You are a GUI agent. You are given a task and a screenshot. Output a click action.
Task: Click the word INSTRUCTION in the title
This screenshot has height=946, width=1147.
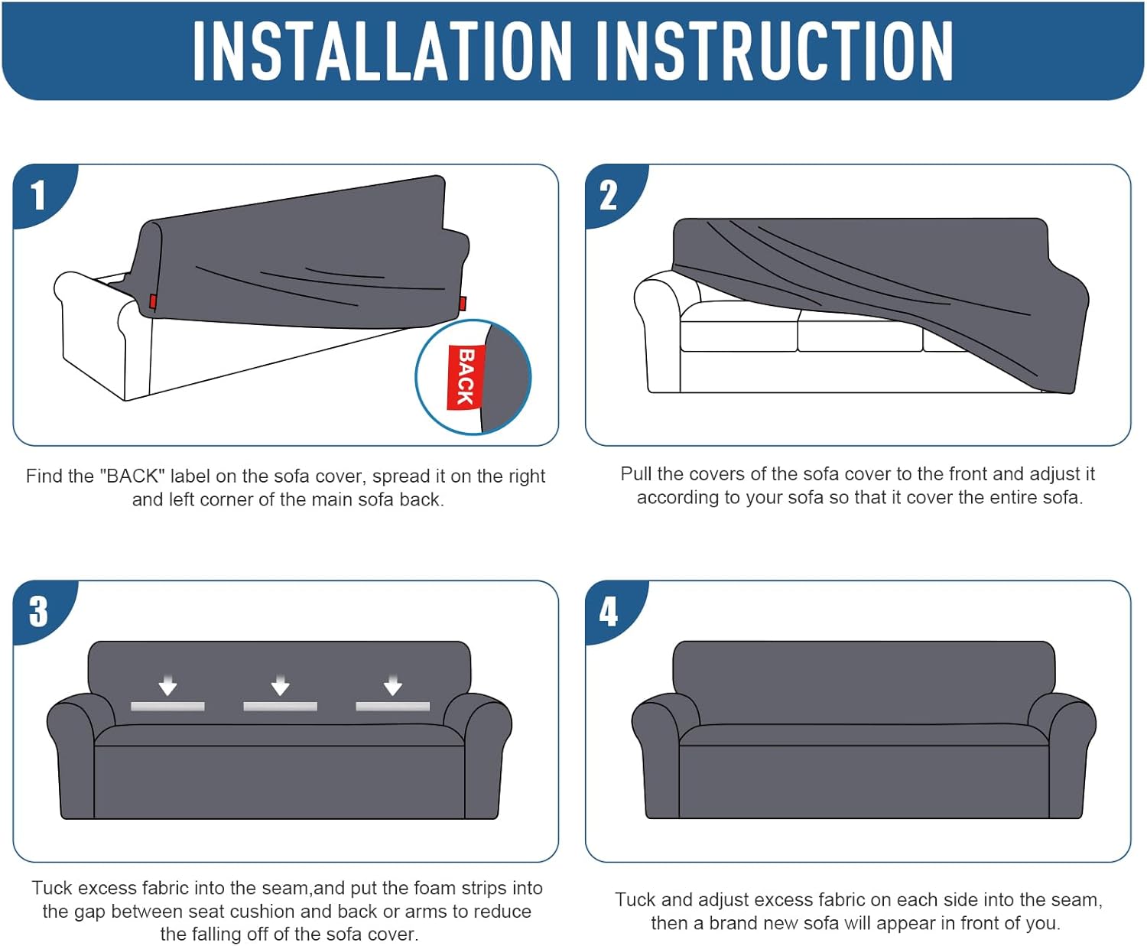coord(775,52)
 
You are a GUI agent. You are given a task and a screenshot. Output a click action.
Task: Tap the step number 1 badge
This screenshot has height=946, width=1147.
coord(38,195)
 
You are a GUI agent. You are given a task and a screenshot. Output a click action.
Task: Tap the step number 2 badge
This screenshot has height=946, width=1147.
coord(609,195)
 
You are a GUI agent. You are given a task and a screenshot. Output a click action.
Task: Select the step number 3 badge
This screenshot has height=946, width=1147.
coord(38,612)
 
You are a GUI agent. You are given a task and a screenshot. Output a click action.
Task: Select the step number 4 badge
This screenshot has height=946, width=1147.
coord(609,612)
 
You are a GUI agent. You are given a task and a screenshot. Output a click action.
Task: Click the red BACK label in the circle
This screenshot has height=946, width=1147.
coord(466,377)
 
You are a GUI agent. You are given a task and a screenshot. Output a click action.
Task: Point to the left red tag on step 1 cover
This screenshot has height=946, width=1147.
coord(153,301)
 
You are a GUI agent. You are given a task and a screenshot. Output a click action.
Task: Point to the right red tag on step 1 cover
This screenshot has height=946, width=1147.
coord(463,304)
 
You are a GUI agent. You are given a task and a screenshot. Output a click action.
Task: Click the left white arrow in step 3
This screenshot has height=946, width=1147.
coord(167,684)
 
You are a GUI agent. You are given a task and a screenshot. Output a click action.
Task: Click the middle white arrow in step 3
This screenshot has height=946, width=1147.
coord(280,684)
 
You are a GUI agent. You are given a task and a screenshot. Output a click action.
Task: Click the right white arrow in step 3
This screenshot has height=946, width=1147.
coord(393,684)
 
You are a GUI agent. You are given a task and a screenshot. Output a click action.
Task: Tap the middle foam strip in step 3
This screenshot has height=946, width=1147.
coord(280,707)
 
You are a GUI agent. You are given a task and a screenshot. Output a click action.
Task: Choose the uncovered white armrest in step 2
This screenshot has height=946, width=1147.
coord(659,330)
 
